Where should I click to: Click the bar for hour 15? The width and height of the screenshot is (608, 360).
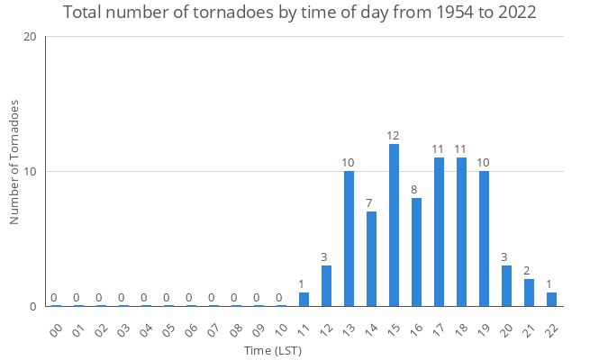(x=394, y=225)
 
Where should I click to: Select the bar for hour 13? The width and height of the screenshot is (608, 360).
(x=349, y=238)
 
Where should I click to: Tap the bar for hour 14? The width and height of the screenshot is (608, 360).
(x=371, y=259)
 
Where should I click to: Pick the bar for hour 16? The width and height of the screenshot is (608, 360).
(x=416, y=252)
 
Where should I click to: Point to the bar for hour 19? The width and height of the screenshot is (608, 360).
(x=484, y=238)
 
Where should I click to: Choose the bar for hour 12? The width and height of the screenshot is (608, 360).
(x=326, y=286)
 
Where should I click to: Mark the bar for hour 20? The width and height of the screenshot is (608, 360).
(x=506, y=286)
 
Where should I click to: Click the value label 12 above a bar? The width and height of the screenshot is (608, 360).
(x=394, y=136)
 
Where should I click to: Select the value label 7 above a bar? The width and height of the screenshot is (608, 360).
(x=369, y=203)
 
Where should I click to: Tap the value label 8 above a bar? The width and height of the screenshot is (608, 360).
(x=414, y=190)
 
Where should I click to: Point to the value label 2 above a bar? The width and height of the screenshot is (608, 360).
(x=527, y=271)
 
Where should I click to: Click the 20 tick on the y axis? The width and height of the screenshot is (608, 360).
(x=30, y=37)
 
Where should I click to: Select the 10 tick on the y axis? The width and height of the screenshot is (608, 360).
(x=30, y=172)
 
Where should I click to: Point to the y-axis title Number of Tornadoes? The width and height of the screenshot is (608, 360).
(x=14, y=163)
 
